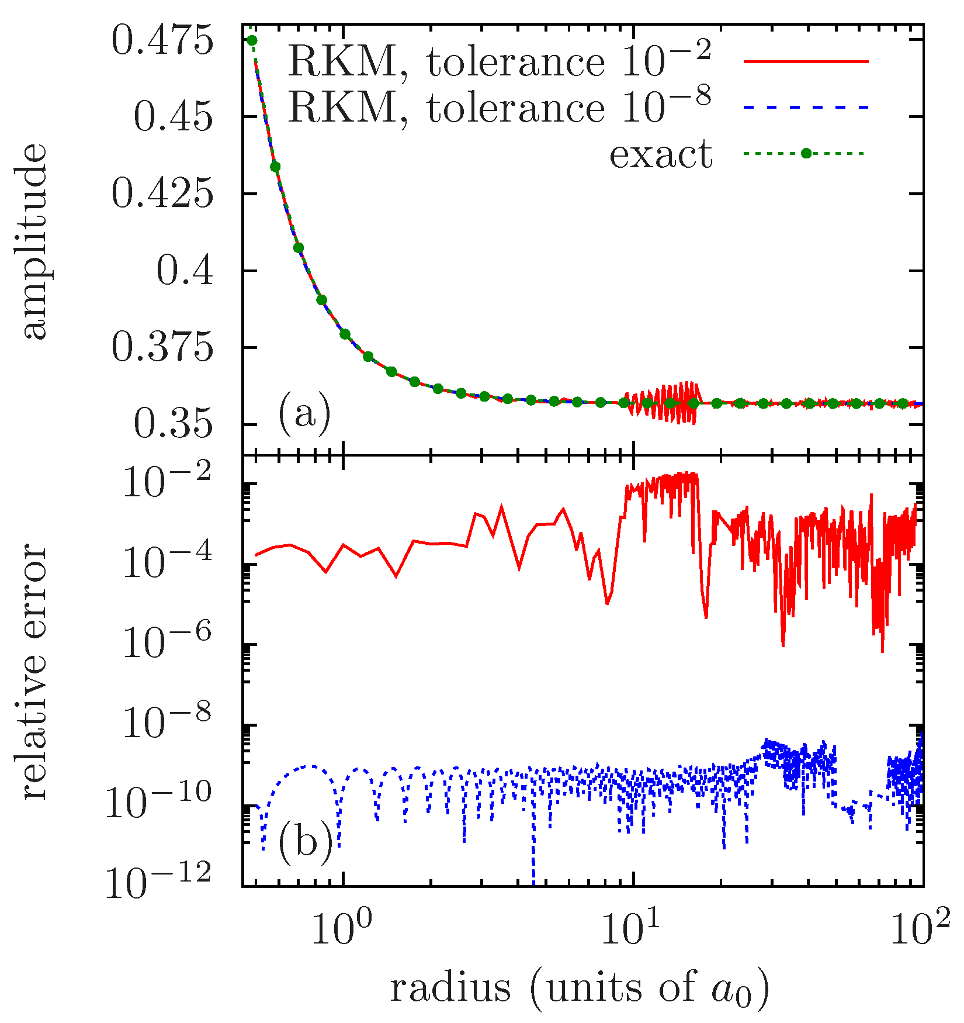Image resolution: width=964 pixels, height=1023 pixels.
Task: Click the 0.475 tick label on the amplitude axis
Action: (162, 42)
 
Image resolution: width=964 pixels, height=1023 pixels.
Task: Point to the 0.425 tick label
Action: (162, 195)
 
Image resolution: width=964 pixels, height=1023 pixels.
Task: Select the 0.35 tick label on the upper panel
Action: (172, 426)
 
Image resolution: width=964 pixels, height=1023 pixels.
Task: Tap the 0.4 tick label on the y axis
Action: (185, 272)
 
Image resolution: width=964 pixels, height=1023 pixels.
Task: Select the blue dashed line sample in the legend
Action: (806, 108)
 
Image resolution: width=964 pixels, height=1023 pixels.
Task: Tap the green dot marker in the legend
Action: (806, 154)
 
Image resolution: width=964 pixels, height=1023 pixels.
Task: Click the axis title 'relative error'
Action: (35, 672)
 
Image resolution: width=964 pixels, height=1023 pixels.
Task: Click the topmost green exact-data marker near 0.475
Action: (252, 40)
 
